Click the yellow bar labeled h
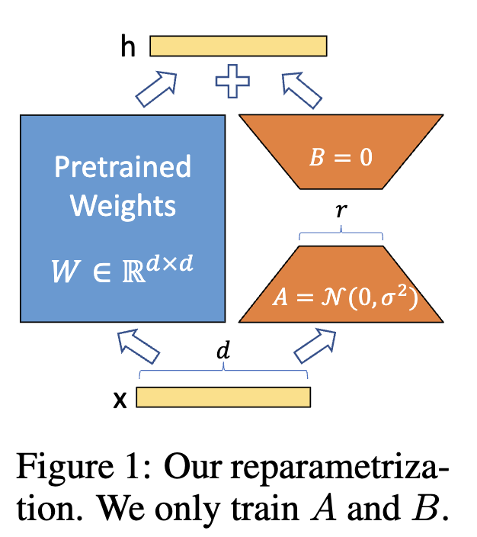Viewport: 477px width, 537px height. pos(238,46)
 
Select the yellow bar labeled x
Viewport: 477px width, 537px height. pos(223,397)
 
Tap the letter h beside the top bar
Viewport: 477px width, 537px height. pos(128,47)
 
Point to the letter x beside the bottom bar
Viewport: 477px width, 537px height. pos(120,400)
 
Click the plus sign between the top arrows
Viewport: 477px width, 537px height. pos(232,81)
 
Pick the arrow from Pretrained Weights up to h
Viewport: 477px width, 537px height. pos(157,89)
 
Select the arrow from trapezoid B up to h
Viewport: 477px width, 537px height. pos(302,90)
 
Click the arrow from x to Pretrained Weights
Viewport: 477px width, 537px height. pos(138,346)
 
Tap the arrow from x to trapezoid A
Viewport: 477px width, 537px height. pos(315,346)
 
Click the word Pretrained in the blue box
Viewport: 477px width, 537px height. pos(123,167)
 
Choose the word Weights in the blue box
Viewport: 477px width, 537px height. pos(123,205)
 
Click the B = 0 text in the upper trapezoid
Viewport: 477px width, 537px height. pos(341,157)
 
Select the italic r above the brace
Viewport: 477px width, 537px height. pos(341,210)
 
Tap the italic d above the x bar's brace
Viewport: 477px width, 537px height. pos(223,350)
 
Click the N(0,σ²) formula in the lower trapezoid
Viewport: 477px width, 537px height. pos(370,297)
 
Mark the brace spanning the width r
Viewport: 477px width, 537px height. pos(341,233)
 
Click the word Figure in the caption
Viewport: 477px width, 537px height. pos(65,467)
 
